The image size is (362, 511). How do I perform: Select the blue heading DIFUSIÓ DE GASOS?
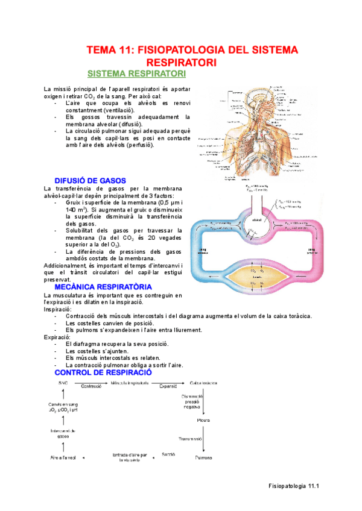coord(90,180)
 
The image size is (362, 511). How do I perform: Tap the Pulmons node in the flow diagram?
coord(203,458)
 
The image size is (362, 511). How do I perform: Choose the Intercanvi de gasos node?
coord(62,433)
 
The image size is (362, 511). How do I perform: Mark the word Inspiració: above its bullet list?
coord(58,309)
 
